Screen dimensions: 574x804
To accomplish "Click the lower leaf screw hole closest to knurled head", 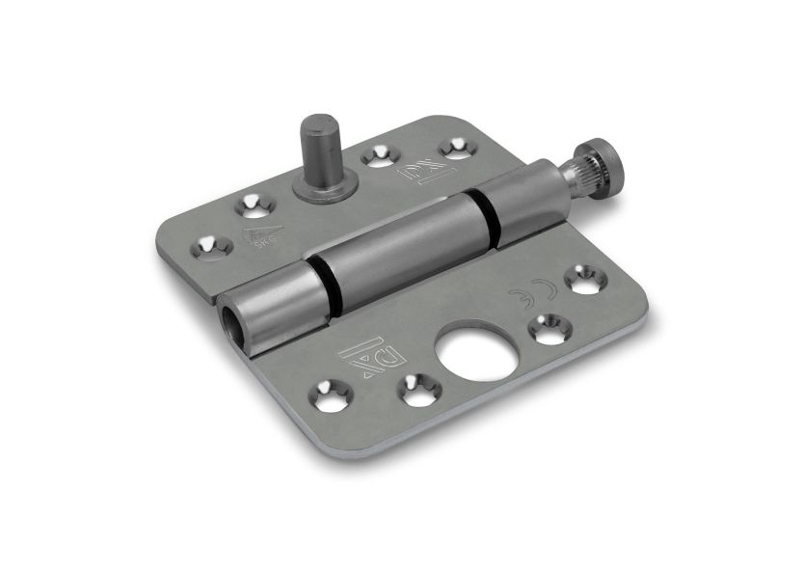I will point(584,279).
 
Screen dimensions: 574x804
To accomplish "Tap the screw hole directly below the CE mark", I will point(549,329).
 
